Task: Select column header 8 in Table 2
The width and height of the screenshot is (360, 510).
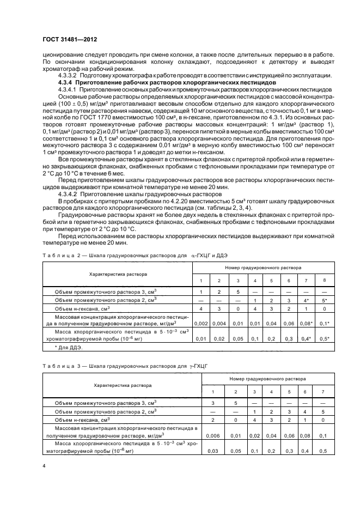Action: (x=325, y=281)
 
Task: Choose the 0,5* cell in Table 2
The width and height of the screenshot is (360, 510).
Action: (x=325, y=338)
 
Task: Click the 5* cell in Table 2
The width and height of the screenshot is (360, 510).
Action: (x=325, y=300)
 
